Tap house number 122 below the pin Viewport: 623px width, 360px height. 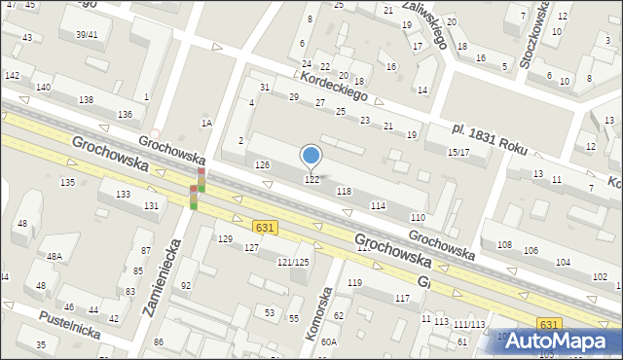point(312,179)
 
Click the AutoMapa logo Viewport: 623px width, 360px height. point(562,341)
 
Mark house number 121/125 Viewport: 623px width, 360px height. point(293,263)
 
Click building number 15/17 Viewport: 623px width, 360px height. point(458,153)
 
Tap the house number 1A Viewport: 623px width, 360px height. point(206,123)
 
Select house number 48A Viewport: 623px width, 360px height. point(55,257)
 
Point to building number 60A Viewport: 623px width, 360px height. point(329,342)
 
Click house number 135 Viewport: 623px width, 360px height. point(67,183)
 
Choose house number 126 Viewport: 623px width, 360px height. point(262,165)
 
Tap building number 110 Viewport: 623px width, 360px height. point(418,217)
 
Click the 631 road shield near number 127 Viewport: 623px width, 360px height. point(262,227)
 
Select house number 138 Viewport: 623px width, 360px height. point(86,100)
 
